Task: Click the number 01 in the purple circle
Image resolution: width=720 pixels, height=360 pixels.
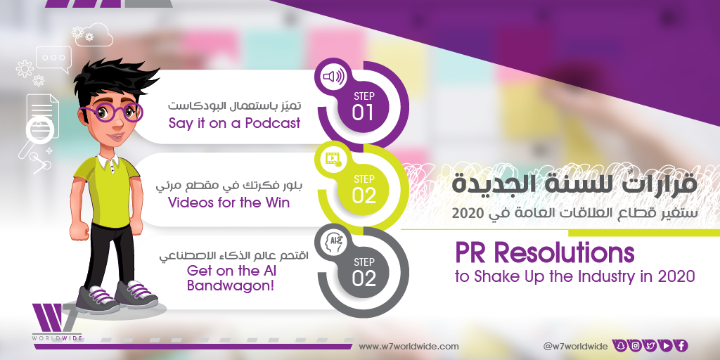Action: click(x=364, y=113)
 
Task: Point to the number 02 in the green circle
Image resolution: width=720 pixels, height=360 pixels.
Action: click(x=364, y=195)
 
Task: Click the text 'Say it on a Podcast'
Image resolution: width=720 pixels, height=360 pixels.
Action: click(x=234, y=123)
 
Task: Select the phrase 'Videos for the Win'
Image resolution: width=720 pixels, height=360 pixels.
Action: click(x=229, y=202)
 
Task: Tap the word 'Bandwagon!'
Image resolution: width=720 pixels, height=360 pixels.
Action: click(x=231, y=286)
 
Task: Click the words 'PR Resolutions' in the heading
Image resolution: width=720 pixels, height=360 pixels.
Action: click(x=545, y=252)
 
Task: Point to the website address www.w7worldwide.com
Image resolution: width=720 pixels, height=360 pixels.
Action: click(x=409, y=346)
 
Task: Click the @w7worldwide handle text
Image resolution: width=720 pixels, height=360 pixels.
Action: click(x=575, y=346)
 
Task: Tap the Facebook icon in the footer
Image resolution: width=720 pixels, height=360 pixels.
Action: click(x=681, y=346)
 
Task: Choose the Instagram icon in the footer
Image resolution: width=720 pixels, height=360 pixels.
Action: click(x=636, y=346)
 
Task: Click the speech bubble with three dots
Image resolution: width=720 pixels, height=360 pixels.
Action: click(x=54, y=59)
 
